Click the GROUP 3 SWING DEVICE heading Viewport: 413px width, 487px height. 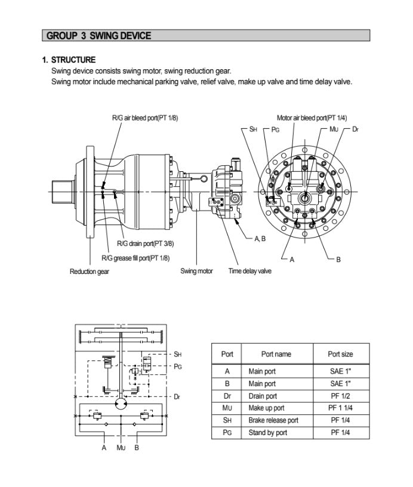(x=98, y=36)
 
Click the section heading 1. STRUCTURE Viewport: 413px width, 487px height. (x=69, y=60)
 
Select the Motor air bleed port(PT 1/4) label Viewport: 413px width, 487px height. (x=312, y=118)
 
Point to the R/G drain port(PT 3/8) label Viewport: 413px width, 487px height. (x=145, y=243)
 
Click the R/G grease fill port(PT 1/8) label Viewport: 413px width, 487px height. (x=135, y=258)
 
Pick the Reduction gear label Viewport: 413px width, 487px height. (x=90, y=272)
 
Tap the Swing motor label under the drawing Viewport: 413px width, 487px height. (x=196, y=272)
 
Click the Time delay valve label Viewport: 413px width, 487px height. (x=249, y=272)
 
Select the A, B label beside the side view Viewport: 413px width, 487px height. (x=260, y=238)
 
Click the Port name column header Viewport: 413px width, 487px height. (x=276, y=354)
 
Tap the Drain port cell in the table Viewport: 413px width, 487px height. (x=263, y=396)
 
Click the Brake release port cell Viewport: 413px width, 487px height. (x=273, y=420)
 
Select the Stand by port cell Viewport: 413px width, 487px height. (x=268, y=433)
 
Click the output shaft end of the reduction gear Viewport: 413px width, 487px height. (x=61, y=192)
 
